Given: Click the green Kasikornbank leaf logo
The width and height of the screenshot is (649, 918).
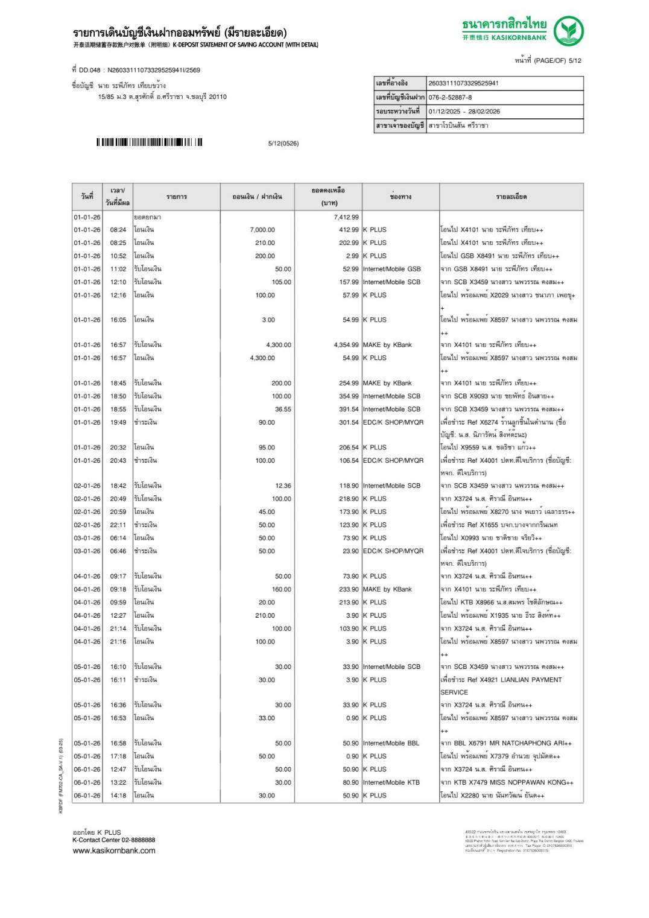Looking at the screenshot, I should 568,31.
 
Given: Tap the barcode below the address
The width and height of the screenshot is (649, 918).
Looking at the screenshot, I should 149,142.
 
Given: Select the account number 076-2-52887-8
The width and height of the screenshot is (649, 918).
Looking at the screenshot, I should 450,97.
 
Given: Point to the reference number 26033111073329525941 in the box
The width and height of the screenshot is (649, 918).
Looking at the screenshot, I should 463,83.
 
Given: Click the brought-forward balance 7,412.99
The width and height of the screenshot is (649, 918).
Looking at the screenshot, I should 346,217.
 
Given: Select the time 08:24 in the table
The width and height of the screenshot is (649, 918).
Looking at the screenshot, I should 118,230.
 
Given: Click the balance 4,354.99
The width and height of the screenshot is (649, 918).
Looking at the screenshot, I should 346,345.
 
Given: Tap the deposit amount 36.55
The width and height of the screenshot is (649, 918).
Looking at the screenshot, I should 283,409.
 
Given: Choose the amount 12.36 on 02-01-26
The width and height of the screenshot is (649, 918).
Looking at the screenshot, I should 283,486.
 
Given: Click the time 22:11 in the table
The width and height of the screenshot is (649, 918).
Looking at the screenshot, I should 118,525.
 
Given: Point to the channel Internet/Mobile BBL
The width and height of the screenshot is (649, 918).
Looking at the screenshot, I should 391,743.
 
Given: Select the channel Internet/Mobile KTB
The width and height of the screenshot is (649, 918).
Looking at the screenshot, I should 391,782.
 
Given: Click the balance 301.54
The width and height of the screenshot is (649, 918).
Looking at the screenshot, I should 349,422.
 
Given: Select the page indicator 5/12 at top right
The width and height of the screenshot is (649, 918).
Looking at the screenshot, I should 575,60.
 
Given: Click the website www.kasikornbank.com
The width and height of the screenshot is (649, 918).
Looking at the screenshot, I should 114,850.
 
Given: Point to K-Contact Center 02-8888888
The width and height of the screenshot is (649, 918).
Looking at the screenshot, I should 114,840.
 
